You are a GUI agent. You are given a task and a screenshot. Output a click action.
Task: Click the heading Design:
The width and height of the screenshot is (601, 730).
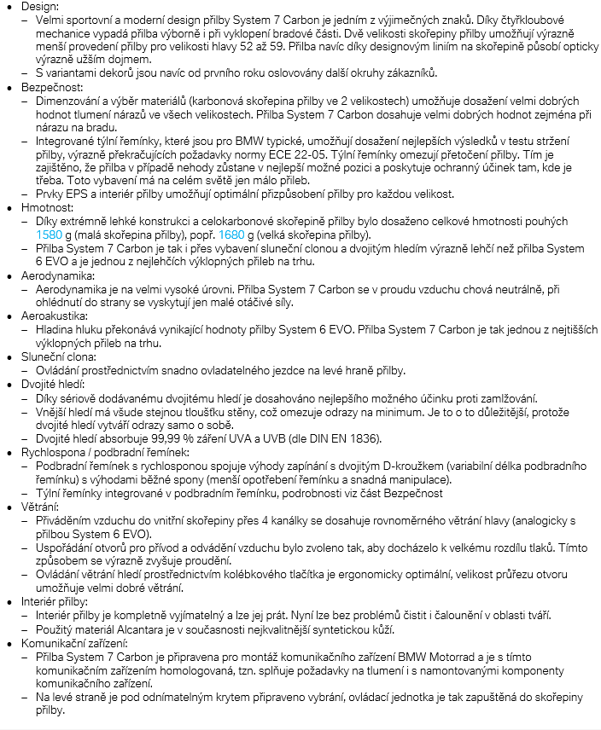pos(41,7)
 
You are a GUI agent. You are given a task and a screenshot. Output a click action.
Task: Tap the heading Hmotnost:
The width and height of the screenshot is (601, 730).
pos(47,207)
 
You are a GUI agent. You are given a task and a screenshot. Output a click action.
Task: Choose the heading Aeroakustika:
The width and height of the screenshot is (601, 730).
pos(57,316)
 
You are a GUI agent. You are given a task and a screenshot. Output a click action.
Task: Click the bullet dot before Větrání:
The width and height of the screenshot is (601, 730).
pos(11,507)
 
